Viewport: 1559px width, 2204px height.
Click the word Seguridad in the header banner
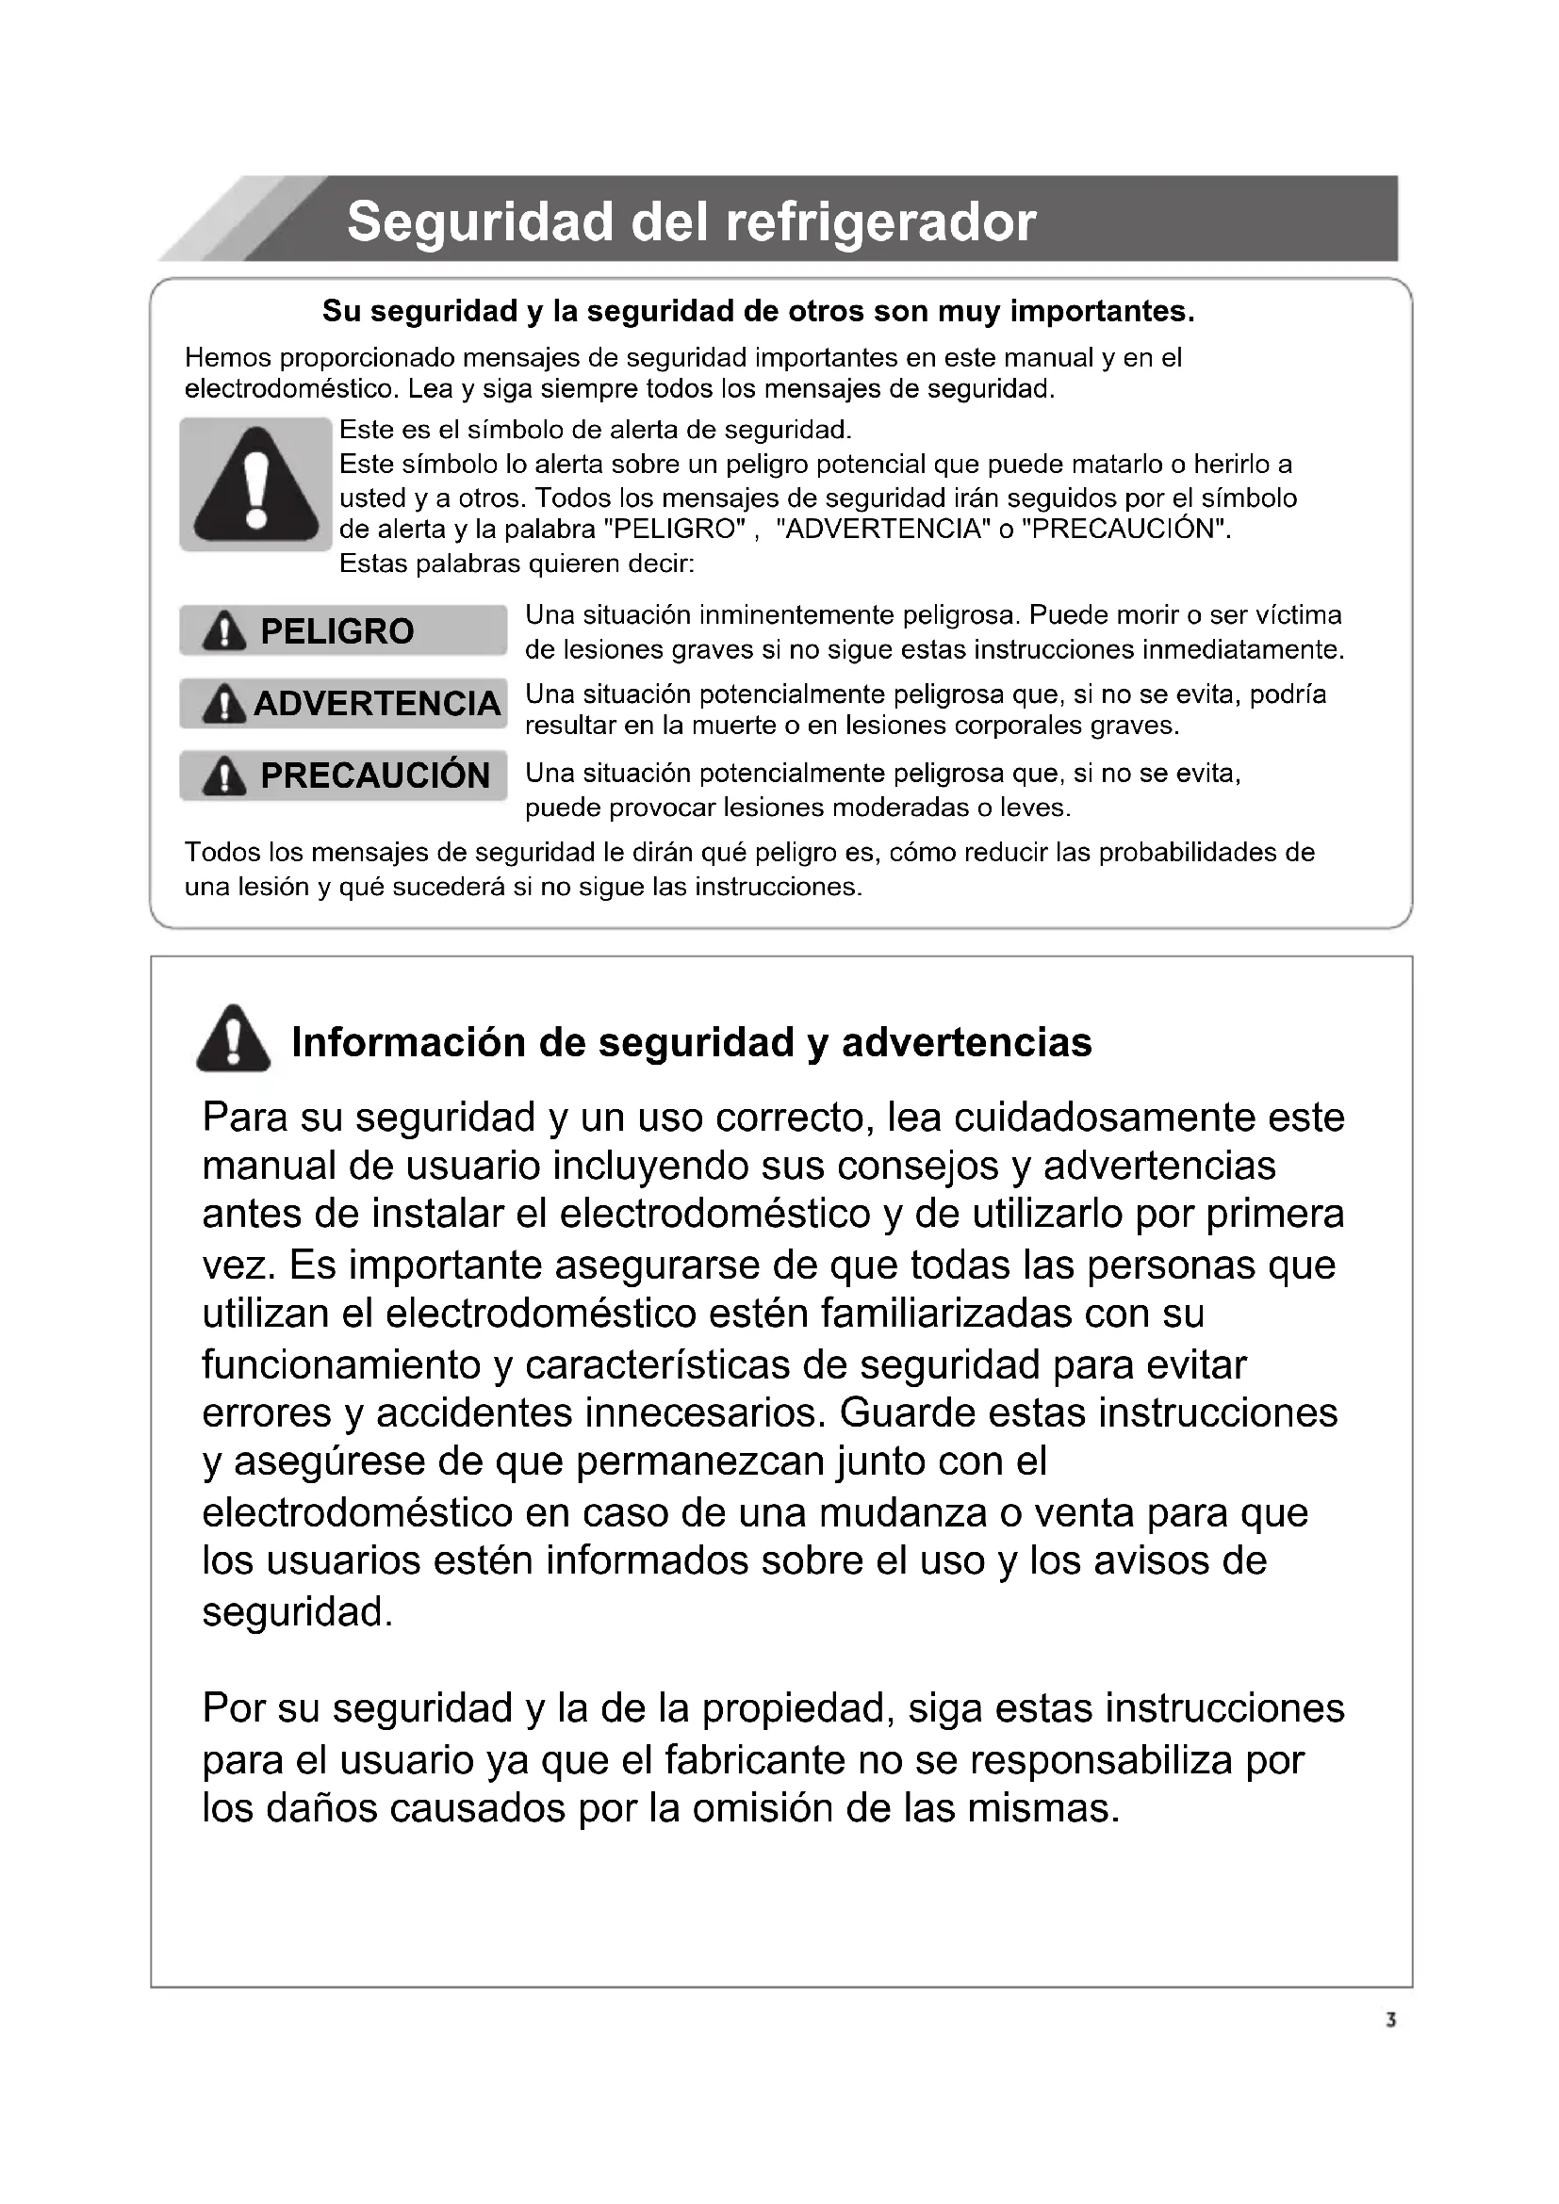pos(481,222)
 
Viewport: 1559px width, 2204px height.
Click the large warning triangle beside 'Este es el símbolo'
pos(255,484)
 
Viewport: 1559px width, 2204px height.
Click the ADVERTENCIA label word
pos(377,704)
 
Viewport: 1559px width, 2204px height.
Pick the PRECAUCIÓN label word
pos(375,775)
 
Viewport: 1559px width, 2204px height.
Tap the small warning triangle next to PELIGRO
pos(223,631)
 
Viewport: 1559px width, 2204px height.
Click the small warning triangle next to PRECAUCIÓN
pos(223,775)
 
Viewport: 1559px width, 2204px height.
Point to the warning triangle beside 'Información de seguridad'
pos(233,1038)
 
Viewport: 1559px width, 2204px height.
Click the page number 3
pos(1390,2020)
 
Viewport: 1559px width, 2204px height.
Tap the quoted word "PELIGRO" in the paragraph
pos(676,530)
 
